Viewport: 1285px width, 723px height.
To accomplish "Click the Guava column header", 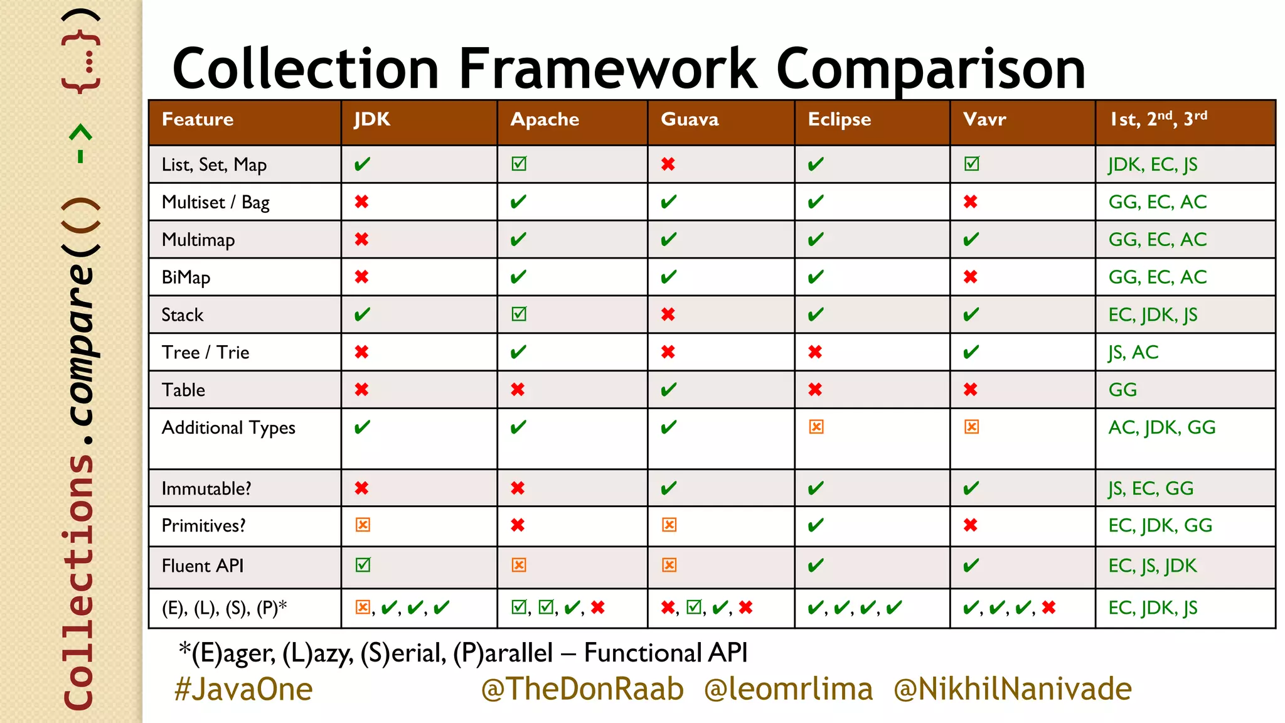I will pos(690,119).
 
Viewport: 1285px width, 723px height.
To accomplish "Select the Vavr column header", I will pos(984,119).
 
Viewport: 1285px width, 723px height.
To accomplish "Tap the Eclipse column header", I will pos(839,119).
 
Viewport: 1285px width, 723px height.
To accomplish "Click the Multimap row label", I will pos(198,240).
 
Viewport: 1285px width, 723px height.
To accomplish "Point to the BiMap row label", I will pos(186,277).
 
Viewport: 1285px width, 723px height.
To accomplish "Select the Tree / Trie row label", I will pos(205,352).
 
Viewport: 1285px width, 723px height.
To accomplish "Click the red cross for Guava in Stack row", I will pos(668,314).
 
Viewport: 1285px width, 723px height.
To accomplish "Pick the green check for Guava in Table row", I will pos(669,390).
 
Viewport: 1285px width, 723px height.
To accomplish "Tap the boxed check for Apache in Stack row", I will pos(519,314).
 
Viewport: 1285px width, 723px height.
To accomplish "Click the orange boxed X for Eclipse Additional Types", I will pos(816,427).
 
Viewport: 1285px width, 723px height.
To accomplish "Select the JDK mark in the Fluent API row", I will pos(363,565).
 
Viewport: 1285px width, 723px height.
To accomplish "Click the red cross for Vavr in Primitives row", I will pos(971,525).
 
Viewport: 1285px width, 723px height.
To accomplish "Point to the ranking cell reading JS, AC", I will pos(1133,352).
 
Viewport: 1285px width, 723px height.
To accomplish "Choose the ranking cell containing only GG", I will pos(1122,390).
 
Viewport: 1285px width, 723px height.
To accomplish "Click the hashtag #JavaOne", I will pos(243,689).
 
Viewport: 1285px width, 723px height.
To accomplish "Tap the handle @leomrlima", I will pos(788,689).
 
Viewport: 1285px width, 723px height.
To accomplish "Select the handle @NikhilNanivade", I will pos(1012,689).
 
